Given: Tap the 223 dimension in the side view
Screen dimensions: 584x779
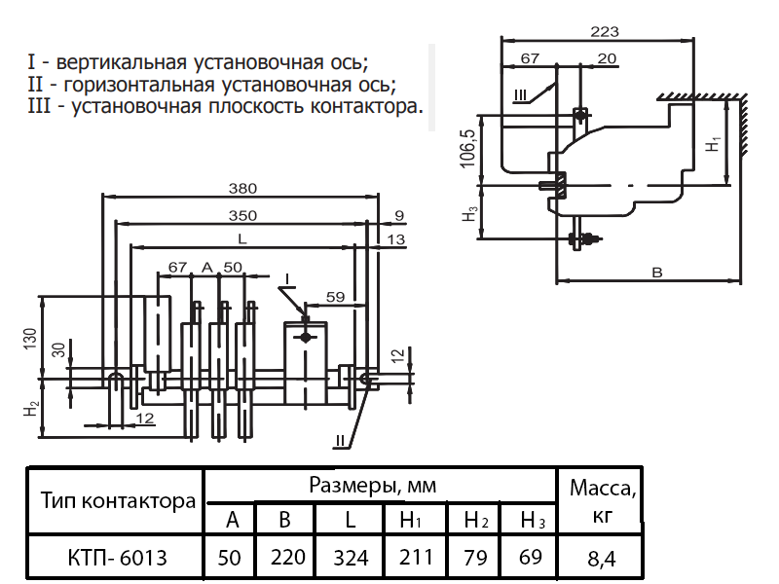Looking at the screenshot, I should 605,31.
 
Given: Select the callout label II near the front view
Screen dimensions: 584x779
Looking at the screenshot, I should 340,441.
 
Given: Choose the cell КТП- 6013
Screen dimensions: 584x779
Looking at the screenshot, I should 118,558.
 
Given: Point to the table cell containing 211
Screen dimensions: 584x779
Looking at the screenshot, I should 414,558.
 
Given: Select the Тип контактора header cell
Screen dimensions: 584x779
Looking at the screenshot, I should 118,502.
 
